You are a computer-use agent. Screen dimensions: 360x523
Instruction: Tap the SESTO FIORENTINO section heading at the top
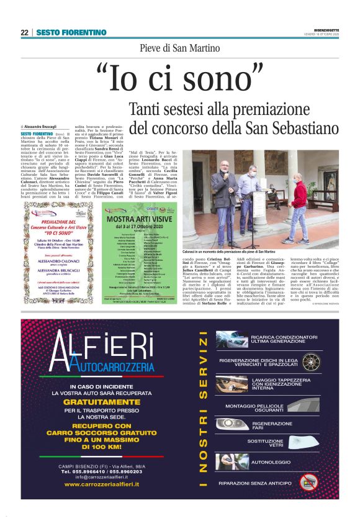point(62,32)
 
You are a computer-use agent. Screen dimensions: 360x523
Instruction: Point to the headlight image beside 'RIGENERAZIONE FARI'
point(233,424)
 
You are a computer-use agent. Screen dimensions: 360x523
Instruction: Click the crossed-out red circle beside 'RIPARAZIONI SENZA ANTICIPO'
point(308,483)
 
